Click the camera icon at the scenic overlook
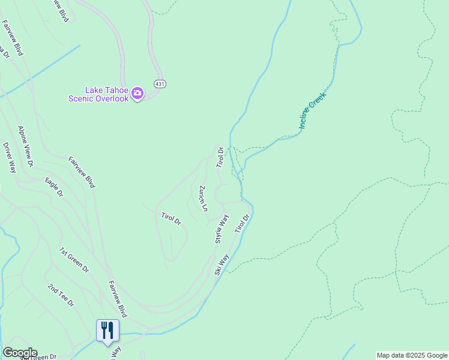pos(137,92)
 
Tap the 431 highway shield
pos(159,83)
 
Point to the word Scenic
pos(81,98)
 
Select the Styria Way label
pos(222,229)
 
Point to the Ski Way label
pos(221,265)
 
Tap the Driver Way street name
pos(9,157)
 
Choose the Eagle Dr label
pos(54,187)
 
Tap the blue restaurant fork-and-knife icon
pos(107,331)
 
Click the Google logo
pos(20,353)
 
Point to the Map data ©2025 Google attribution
pos(412,355)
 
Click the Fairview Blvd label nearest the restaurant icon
pos(118,298)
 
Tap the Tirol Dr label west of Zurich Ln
pos(171,218)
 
